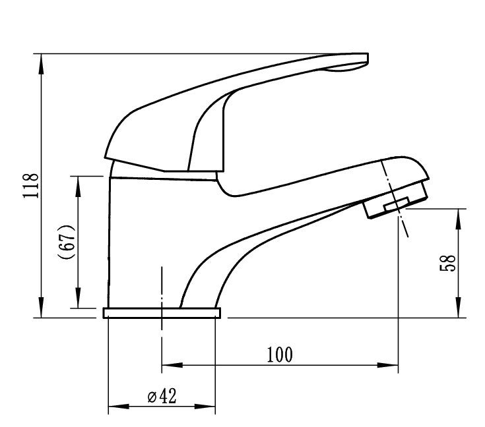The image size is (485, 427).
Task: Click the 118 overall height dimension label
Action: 31,185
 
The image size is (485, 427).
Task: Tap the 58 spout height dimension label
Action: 447,263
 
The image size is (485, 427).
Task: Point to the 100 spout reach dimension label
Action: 279,355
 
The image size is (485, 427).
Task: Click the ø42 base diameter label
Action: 162,396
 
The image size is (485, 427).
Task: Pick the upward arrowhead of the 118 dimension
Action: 41,65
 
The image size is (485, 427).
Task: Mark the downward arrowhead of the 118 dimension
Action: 41,307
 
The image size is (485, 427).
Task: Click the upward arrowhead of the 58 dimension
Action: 459,219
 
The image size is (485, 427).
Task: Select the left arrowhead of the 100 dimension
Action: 172,365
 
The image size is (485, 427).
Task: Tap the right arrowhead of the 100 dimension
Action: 387,365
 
